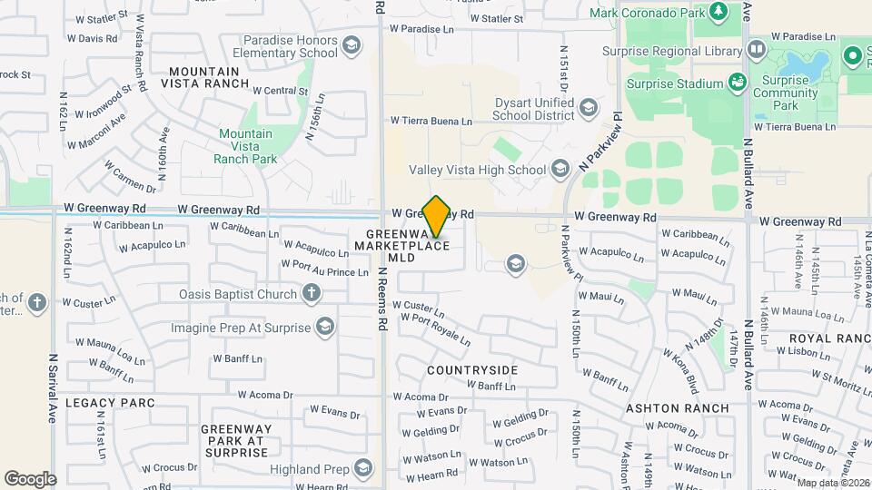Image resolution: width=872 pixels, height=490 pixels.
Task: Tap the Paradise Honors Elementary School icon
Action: point(351,45)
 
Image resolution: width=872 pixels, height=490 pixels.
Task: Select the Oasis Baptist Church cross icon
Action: point(312,293)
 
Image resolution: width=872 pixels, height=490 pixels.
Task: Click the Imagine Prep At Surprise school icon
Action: point(326,327)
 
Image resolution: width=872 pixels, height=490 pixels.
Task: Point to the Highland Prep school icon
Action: point(363,468)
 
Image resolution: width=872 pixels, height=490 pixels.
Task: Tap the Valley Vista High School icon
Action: point(560,169)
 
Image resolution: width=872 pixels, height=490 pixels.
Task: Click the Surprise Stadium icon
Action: point(738,83)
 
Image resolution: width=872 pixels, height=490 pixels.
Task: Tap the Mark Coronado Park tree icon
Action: point(718,12)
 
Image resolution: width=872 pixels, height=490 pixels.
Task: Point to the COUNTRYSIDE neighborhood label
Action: point(472,370)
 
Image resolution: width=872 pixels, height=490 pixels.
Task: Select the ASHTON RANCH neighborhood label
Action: point(678,408)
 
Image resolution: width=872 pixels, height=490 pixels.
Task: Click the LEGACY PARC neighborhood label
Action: point(101,401)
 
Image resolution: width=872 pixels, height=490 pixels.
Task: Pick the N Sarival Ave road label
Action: point(53,390)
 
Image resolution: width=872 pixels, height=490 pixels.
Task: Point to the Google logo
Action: point(30,478)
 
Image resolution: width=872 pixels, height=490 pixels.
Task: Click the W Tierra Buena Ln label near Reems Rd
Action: point(431,121)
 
